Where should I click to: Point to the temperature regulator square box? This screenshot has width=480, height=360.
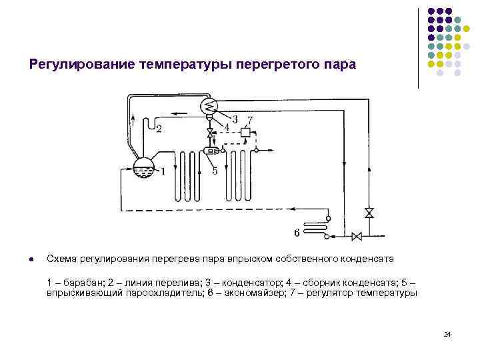245,133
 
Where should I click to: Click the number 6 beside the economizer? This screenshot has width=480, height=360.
296,233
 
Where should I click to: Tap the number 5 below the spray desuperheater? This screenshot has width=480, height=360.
215,171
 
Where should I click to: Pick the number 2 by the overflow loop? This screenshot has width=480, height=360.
158,129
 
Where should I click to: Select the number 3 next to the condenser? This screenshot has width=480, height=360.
235,119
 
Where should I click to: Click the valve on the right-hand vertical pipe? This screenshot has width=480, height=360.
369,213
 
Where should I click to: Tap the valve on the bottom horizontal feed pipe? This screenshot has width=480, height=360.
356,235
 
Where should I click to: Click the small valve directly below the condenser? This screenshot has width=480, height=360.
210,134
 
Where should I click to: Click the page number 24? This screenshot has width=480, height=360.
447,334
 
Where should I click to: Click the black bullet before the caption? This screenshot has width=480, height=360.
31,258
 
